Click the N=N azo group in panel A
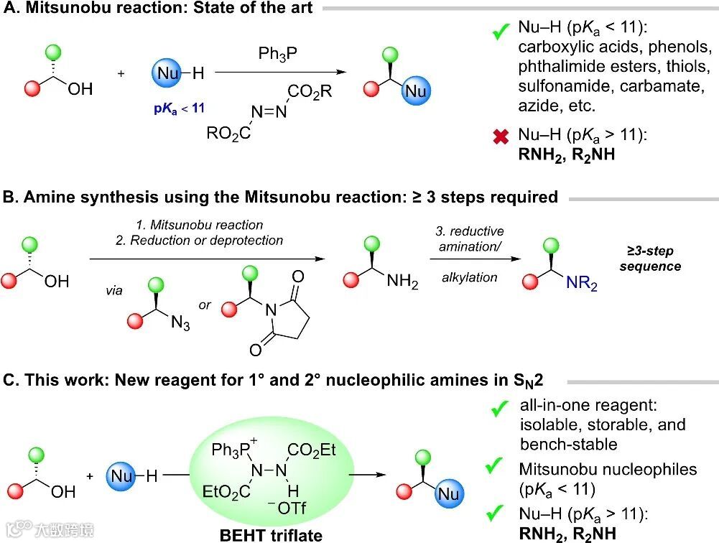tap(269, 112)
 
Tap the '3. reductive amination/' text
tap(470, 239)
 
